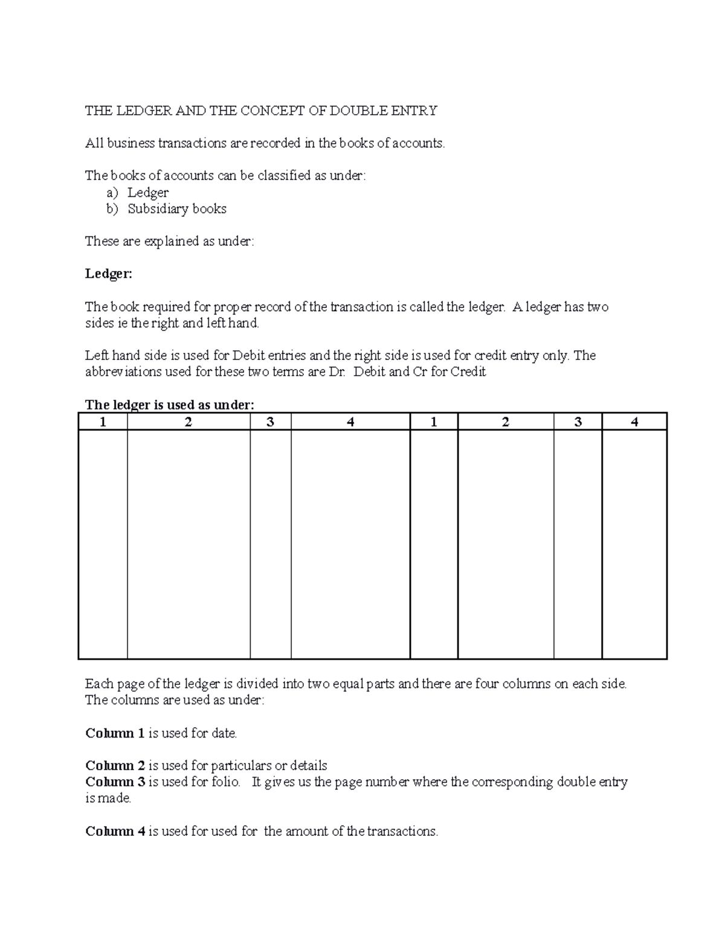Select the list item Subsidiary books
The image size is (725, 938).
tap(177, 209)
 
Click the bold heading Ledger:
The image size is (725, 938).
tap(108, 274)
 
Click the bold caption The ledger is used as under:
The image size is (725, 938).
tap(170, 405)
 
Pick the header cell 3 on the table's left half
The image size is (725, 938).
tap(270, 422)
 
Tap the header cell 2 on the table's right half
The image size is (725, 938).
tap(505, 422)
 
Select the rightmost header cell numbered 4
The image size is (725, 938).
tap(634, 422)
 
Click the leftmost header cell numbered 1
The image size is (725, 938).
tap(103, 422)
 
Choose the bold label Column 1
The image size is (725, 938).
tap(115, 733)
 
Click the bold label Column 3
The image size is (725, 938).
tap(115, 782)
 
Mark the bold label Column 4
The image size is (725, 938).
tap(115, 831)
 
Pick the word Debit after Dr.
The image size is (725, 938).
tap(373, 371)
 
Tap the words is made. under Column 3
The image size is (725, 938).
tap(108, 798)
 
